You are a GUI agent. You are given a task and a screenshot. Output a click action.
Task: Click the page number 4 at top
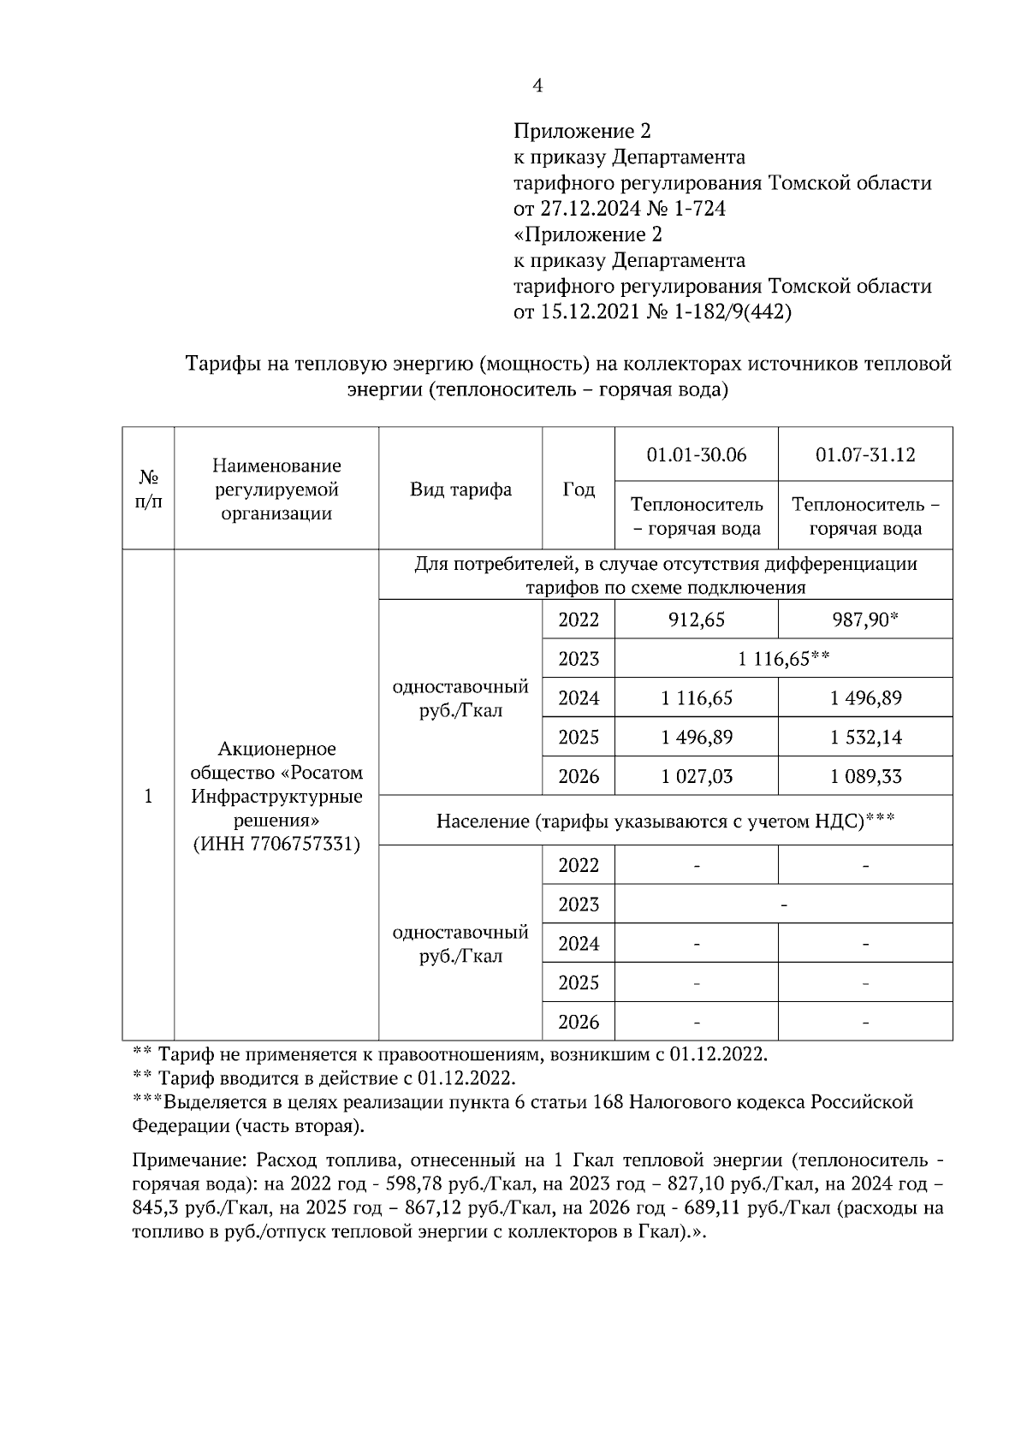(537, 86)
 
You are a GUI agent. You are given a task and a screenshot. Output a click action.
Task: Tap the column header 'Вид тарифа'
(460, 489)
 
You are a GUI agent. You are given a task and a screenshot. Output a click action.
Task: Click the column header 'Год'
(579, 489)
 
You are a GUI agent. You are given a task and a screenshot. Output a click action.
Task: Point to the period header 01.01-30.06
(696, 454)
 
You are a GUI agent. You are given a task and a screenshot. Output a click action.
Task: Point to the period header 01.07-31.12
(864, 454)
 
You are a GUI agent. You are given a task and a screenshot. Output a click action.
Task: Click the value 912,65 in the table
(696, 620)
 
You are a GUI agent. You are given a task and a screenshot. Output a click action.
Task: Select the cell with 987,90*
(864, 620)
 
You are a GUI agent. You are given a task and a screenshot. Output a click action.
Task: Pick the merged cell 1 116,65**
(783, 659)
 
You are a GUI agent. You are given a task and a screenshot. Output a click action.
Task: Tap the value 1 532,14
(864, 738)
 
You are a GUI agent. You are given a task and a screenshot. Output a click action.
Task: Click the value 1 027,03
(696, 777)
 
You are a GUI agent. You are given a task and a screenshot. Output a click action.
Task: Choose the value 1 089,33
(864, 777)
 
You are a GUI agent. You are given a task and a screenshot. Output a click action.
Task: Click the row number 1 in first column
(148, 797)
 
